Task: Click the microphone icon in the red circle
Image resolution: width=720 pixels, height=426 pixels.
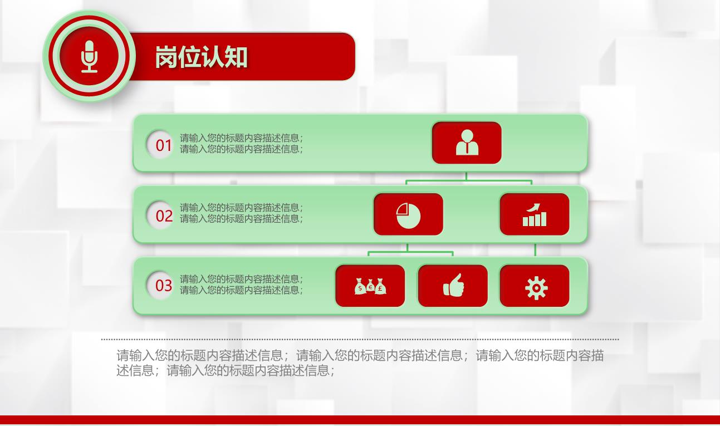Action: click(89, 57)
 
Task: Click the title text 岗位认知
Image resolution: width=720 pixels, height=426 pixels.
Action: click(202, 57)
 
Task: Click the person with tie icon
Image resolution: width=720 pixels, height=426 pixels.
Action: click(467, 143)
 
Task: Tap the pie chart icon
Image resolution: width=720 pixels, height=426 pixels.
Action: click(408, 216)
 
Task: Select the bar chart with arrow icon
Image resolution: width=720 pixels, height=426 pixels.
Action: click(535, 214)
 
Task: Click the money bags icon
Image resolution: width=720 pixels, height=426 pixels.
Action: click(370, 286)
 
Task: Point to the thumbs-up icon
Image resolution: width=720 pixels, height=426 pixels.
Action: click(453, 285)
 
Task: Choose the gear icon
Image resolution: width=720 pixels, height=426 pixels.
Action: click(536, 288)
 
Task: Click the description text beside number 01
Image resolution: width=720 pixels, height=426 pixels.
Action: click(241, 144)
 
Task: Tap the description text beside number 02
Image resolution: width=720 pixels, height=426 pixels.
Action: click(241, 213)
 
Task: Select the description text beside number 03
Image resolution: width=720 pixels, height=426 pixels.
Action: click(241, 285)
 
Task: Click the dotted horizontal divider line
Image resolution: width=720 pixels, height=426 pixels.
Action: click(360, 339)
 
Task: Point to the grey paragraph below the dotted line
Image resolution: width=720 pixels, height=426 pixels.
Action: click(360, 363)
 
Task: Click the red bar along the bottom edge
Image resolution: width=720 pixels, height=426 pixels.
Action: click(360, 420)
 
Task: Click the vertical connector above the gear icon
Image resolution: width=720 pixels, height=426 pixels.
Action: click(535, 250)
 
